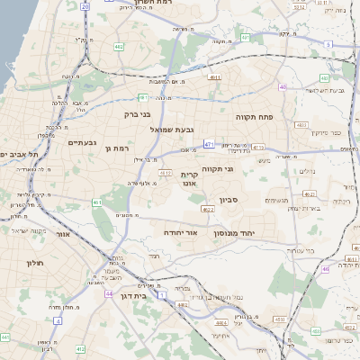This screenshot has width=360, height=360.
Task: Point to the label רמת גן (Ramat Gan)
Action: coord(118,148)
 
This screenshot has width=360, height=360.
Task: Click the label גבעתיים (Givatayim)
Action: coord(83,142)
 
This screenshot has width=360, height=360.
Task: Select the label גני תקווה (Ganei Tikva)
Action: coord(239,167)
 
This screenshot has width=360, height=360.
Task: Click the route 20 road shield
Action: coord(85,6)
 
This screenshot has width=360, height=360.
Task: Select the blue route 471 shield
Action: coord(209,144)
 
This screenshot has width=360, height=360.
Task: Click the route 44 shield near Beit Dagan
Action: coord(108,293)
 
